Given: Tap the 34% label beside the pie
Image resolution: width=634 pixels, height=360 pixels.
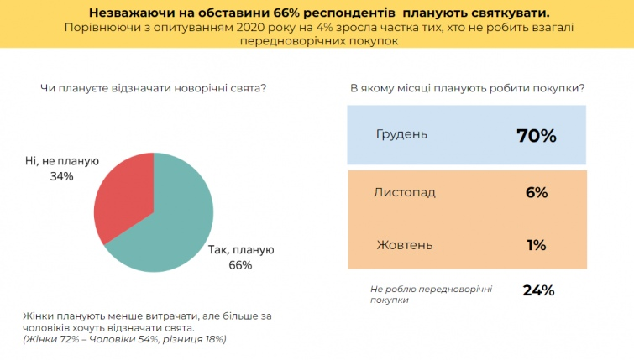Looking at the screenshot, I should (61, 177).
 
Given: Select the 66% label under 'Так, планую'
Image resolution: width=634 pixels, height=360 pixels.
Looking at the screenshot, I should (240, 265).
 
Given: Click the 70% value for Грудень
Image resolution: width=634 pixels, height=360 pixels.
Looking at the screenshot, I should (537, 135).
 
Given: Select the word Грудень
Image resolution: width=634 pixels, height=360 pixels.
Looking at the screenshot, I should (401, 134).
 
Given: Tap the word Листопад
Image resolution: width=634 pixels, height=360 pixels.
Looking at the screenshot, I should (405, 192).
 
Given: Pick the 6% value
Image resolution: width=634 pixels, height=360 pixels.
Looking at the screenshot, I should (537, 192).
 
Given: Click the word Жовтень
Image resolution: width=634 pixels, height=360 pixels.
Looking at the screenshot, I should (404, 245).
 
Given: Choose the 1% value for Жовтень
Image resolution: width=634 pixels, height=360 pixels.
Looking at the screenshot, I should (537, 245).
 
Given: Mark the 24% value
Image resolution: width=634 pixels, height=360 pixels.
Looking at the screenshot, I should (537, 290).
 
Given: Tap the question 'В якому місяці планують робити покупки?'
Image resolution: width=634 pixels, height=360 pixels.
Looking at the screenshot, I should (467, 88).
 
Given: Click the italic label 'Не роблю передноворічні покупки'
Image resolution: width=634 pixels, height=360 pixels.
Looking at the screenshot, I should (431, 294).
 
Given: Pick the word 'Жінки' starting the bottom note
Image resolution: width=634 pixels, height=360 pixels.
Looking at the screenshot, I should (39, 316).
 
